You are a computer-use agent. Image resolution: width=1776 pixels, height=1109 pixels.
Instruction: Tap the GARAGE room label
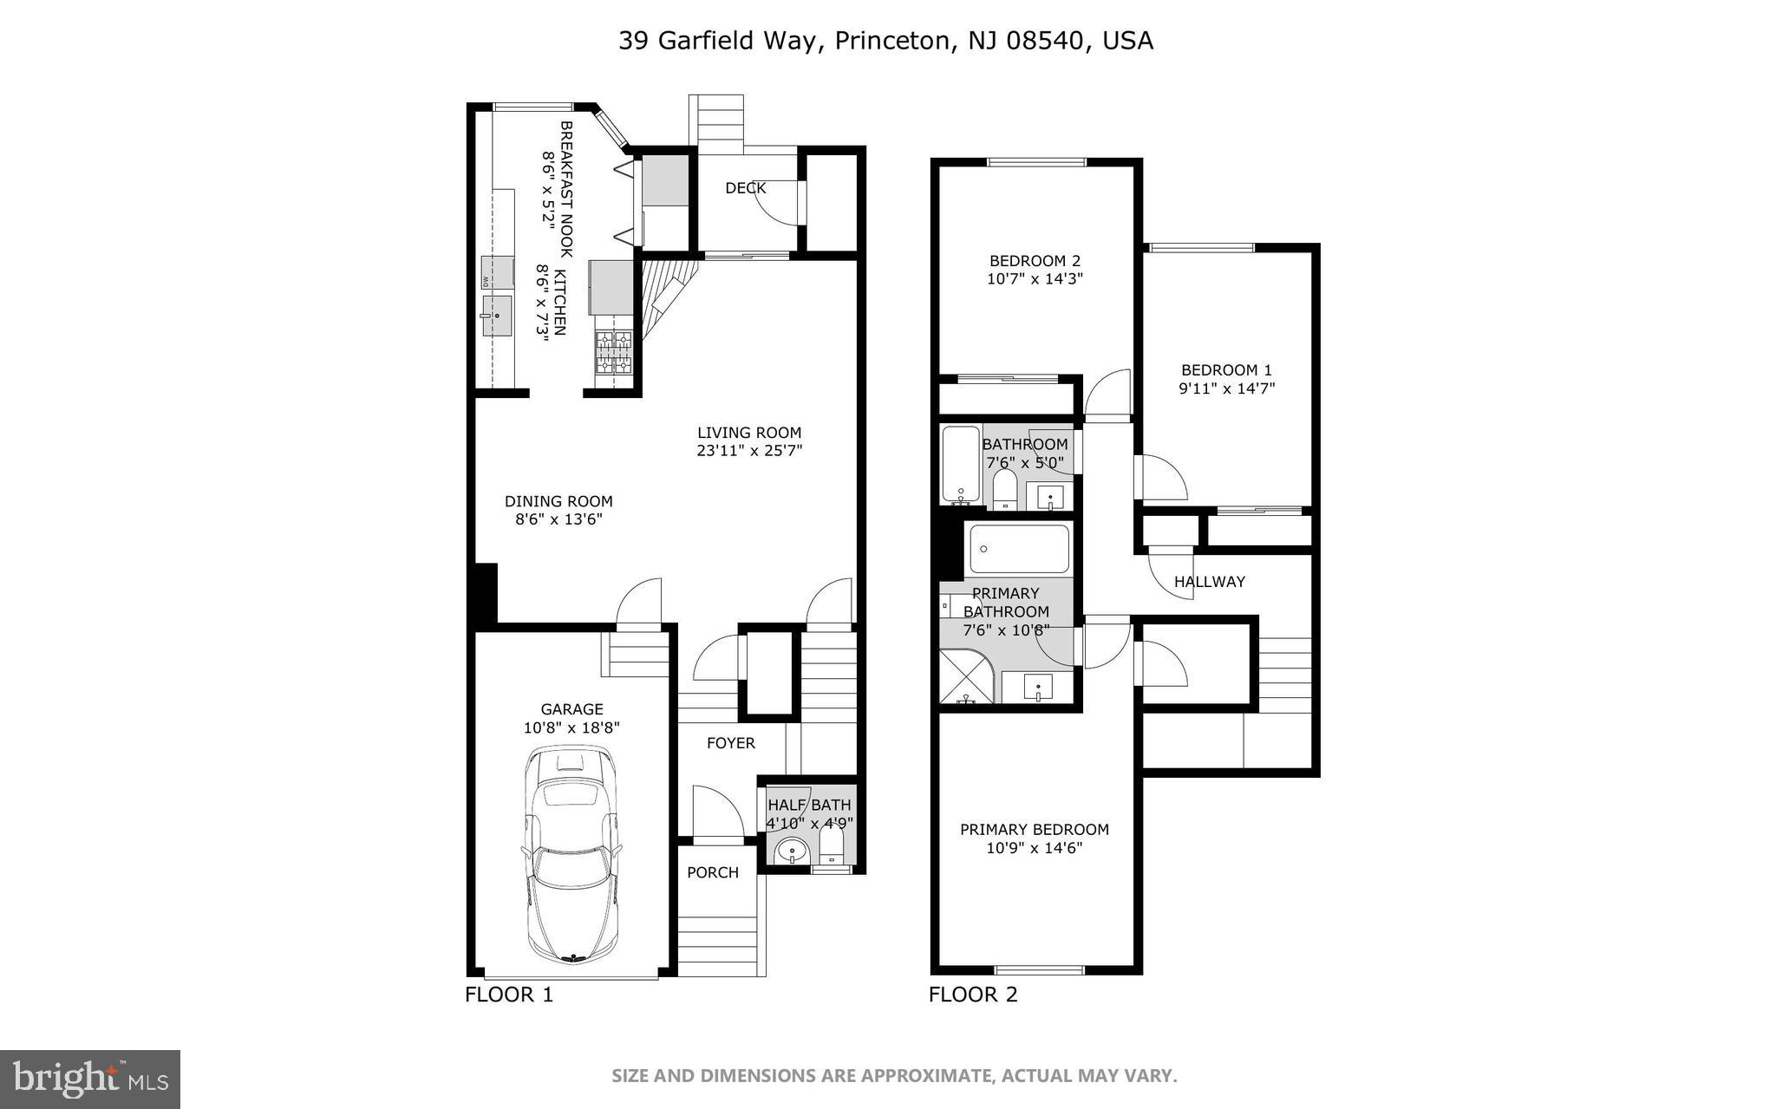[x=571, y=709]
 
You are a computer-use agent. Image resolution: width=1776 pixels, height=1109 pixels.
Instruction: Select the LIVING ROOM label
[x=749, y=433]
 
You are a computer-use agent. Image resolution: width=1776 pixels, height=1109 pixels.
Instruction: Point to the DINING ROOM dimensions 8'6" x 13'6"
[x=558, y=520]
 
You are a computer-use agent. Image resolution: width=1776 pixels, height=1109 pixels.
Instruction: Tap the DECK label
[x=745, y=188]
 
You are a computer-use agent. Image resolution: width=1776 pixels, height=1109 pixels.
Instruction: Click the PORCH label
[x=713, y=872]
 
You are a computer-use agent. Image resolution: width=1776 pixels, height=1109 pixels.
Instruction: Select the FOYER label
[x=730, y=743]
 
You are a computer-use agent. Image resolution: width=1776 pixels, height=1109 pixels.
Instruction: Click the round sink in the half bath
[x=792, y=853]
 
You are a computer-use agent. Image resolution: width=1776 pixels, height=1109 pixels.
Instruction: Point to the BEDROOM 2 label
[x=1035, y=261]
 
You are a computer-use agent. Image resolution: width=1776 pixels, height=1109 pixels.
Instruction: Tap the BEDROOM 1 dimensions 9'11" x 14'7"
[x=1226, y=389]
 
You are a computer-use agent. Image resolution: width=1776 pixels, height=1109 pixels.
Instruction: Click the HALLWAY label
[x=1209, y=582]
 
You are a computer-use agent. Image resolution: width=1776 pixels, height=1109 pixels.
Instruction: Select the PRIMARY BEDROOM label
[x=1034, y=830]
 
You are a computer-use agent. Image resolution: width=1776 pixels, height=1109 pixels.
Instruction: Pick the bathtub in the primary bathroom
[x=1019, y=549]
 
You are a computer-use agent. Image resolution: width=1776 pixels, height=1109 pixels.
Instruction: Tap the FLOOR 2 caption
[x=973, y=995]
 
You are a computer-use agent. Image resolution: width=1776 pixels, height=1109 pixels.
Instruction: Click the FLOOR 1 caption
[x=509, y=995]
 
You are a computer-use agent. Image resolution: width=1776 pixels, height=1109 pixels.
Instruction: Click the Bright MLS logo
[x=90, y=1080]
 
